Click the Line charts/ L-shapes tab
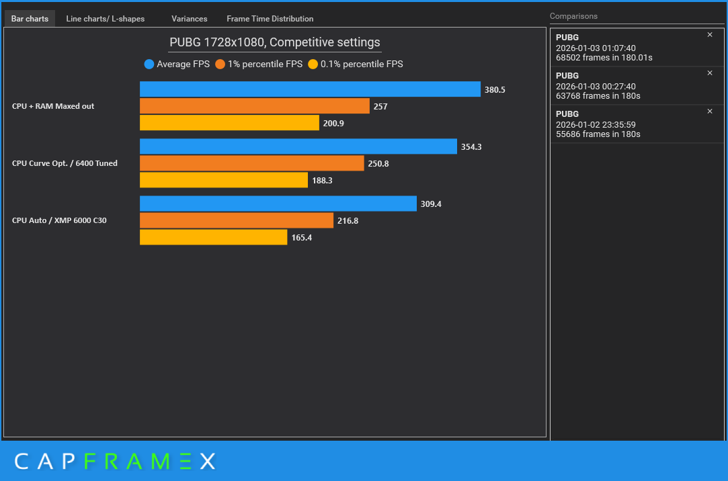[106, 19]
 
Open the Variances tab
[190, 19]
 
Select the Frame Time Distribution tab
[270, 19]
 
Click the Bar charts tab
[30, 19]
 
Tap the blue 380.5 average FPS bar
[310, 89]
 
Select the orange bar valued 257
[254, 105]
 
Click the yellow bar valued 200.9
[229, 122]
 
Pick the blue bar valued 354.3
[298, 146]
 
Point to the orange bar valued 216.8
[237, 220]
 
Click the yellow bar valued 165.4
[214, 237]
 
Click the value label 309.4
[431, 204]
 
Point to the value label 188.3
[322, 181]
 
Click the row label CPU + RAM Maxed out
[53, 106]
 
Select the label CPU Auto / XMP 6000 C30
[59, 220]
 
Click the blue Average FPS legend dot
[149, 64]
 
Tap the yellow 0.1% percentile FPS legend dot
[313, 64]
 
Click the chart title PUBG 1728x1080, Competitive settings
[275, 42]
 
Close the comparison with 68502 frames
[710, 35]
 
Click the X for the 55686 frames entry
[710, 112]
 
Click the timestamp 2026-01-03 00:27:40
[596, 86]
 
